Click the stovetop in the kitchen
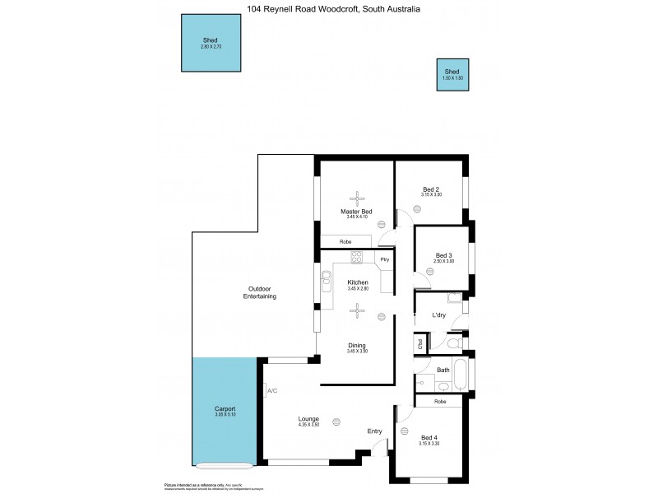[357, 258]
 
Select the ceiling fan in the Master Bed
[357, 198]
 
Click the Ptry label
[384, 260]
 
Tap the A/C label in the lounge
[271, 390]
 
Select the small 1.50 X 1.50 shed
[452, 74]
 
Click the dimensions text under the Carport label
[225, 415]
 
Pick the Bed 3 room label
[444, 255]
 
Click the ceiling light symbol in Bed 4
[404, 431]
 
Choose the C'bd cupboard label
[419, 343]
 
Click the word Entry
[374, 430]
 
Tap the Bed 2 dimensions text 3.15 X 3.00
[432, 195]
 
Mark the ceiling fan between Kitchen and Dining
[357, 310]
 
